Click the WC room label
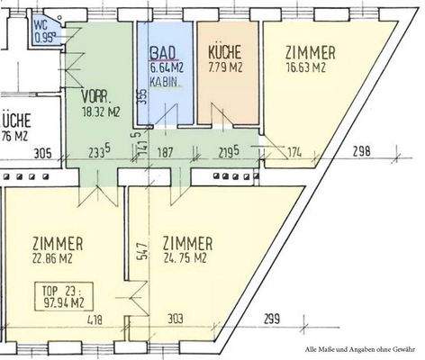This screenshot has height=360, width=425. pos(40,25)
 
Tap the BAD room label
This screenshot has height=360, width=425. pos(162,53)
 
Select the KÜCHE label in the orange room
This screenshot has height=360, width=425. pos(222,51)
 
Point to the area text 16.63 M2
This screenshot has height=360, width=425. pos(309,66)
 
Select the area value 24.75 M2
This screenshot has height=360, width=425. pos(187,259)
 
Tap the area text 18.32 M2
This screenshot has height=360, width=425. pos(102,112)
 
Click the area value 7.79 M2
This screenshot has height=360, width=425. pos(223,66)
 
